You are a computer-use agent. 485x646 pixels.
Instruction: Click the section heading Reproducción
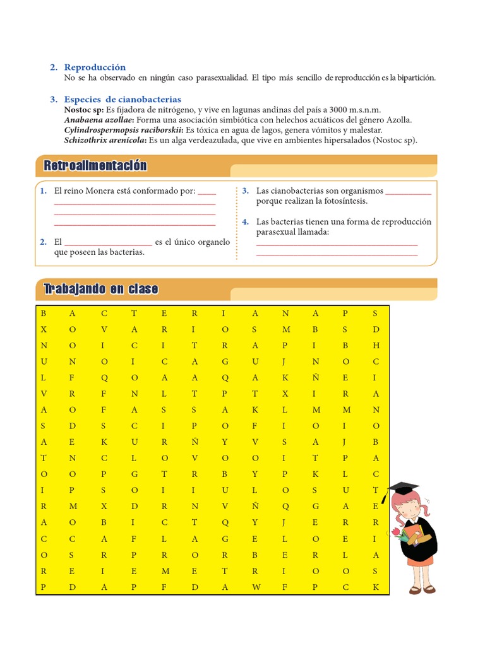[95, 68]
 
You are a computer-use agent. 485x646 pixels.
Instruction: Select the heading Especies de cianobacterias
[123, 100]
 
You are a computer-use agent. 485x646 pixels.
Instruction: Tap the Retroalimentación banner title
[95, 166]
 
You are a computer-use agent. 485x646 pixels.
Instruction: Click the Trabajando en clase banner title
[100, 290]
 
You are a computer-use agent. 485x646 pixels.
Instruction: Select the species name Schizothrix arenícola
[105, 140]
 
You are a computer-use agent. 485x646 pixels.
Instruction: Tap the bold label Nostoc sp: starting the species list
[85, 110]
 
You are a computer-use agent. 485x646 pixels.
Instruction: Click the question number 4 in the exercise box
[245, 222]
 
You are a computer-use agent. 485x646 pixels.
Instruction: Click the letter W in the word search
[255, 587]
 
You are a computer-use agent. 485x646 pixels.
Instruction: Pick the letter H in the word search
[376, 346]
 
